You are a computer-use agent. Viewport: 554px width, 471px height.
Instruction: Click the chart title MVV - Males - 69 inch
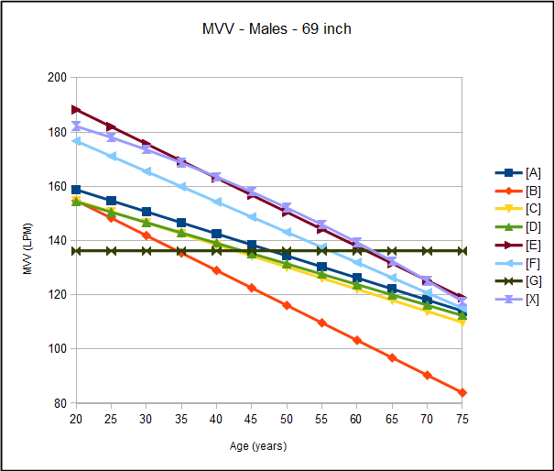[x=277, y=28]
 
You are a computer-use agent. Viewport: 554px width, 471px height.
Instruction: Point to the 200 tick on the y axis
[x=58, y=78]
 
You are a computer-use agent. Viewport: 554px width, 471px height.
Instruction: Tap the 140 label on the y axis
[x=58, y=241]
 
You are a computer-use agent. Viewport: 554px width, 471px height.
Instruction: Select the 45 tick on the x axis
[x=252, y=418]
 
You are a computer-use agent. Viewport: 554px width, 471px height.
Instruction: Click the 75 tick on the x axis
[x=462, y=418]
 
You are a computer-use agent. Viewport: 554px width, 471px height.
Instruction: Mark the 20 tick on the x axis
[x=76, y=418]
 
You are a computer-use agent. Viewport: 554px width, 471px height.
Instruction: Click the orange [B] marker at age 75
[x=462, y=392]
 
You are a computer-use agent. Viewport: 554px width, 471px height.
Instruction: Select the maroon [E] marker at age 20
[x=76, y=110]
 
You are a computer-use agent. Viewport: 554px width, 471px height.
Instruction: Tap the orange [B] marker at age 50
[x=287, y=305]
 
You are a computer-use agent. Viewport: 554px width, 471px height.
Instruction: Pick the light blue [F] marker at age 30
[x=147, y=171]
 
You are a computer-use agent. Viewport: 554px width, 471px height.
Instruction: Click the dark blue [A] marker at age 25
[x=111, y=201]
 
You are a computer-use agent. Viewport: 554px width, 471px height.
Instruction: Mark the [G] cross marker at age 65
[x=392, y=250]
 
